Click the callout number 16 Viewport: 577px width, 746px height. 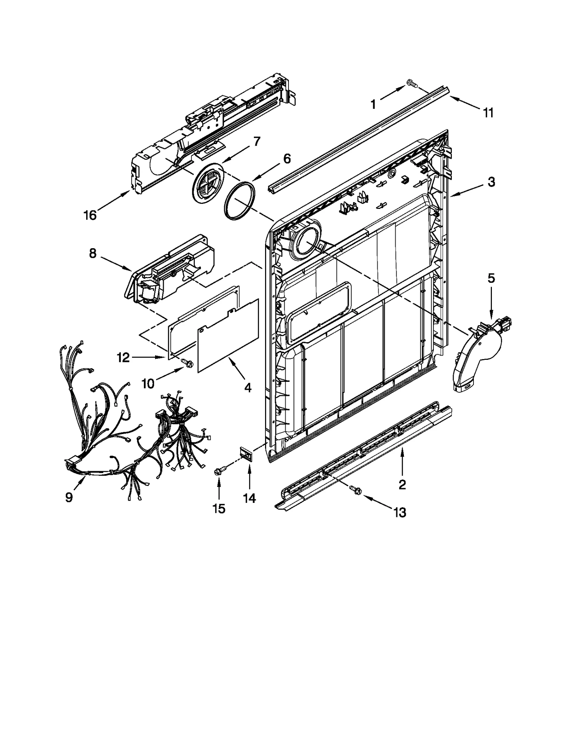90,215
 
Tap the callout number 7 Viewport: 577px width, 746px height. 256,142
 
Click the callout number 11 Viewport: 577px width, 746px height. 488,113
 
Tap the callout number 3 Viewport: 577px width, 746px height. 491,182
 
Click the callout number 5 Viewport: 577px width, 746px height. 491,278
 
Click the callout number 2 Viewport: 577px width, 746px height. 402,484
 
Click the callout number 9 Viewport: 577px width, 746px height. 69,497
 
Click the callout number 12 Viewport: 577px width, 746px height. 123,358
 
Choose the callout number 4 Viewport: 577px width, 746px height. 248,388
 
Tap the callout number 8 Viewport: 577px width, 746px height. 93,254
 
